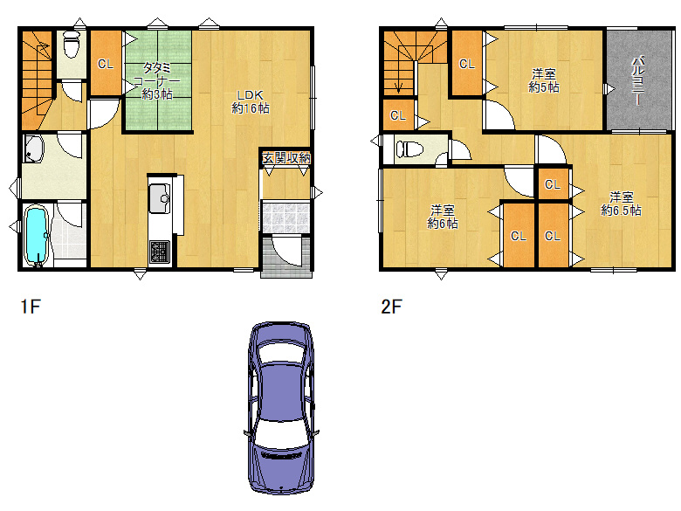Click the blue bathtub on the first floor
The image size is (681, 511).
pyautogui.click(x=36, y=235)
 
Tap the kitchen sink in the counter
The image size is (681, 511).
pyautogui.click(x=160, y=198)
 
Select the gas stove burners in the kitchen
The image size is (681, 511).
pyautogui.click(x=159, y=252)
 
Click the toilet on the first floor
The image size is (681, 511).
pyautogui.click(x=71, y=45)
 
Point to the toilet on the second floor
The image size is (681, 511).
pyautogui.click(x=409, y=148)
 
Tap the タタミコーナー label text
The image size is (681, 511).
pyautogui.click(x=156, y=74)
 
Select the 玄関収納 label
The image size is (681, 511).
pyautogui.click(x=286, y=158)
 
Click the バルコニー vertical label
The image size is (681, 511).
pyautogui.click(x=637, y=80)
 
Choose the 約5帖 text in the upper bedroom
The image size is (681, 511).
pyautogui.click(x=543, y=87)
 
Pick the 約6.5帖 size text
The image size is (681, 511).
pyautogui.click(x=621, y=211)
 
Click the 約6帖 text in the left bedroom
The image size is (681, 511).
pyautogui.click(x=442, y=224)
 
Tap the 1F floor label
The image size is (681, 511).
pyautogui.click(x=31, y=307)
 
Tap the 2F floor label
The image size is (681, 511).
pyautogui.click(x=391, y=307)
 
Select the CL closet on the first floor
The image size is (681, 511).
pyautogui.click(x=106, y=63)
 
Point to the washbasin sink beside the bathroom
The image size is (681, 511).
pyautogui.click(x=33, y=148)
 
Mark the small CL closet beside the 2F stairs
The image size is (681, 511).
pyautogui.click(x=398, y=115)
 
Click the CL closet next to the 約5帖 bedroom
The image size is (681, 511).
pyautogui.click(x=467, y=64)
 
